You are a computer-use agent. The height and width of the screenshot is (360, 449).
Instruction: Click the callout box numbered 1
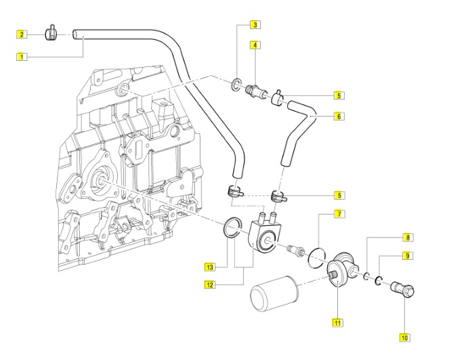click(22, 57)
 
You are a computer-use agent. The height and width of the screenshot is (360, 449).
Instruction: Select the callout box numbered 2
click(22, 34)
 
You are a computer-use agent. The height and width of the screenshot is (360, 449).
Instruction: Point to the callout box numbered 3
click(255, 26)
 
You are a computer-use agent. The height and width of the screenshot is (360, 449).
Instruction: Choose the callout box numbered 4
click(255, 45)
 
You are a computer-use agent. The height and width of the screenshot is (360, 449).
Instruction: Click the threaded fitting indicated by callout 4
click(256, 88)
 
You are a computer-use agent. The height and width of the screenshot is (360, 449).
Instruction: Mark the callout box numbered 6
click(339, 116)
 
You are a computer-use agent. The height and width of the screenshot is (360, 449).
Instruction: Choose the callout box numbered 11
click(336, 322)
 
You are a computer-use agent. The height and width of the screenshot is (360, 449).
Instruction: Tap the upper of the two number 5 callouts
click(339, 95)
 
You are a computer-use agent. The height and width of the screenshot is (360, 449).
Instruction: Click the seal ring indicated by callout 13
click(230, 227)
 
